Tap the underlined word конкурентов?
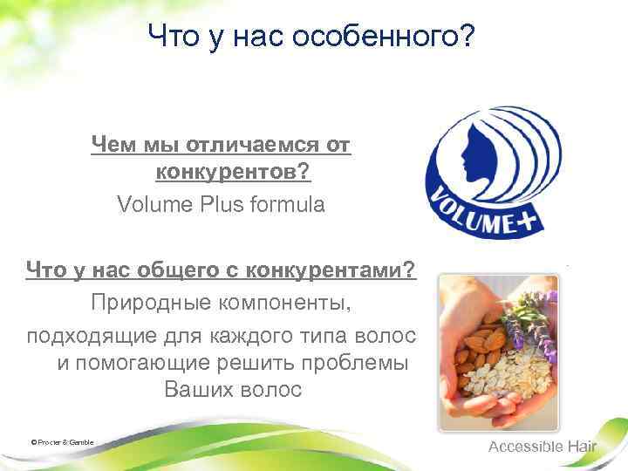233,174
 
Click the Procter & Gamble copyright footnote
62,442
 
